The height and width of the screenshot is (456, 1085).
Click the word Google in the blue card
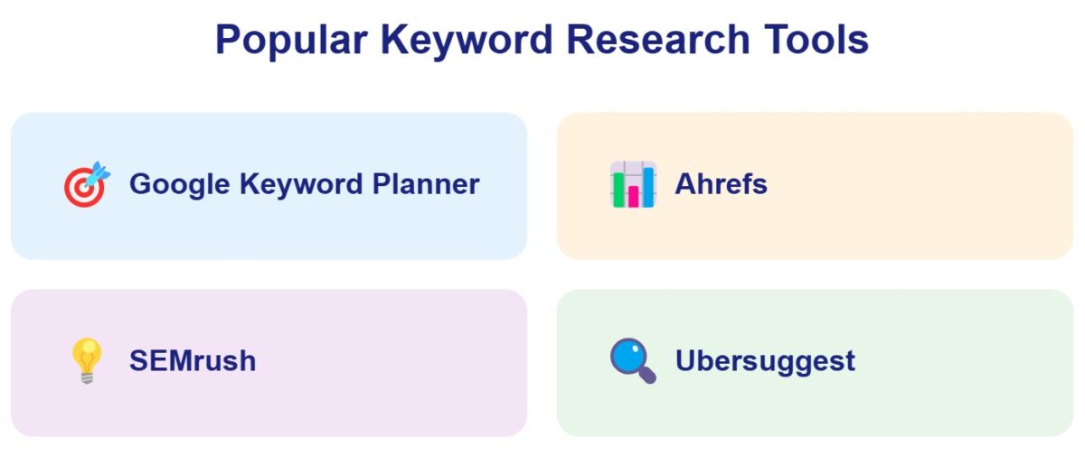pyautogui.click(x=179, y=184)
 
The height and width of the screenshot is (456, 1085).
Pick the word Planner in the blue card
pyautogui.click(x=426, y=184)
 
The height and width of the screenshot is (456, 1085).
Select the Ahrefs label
pyautogui.click(x=721, y=184)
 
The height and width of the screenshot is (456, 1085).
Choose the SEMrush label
pyautogui.click(x=193, y=361)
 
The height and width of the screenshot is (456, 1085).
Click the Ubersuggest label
pyautogui.click(x=765, y=361)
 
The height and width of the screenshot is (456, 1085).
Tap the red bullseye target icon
pyautogui.click(x=82, y=188)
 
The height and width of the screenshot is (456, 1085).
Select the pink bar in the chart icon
pyautogui.click(x=634, y=196)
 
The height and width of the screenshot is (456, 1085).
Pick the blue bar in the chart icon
pyautogui.click(x=648, y=186)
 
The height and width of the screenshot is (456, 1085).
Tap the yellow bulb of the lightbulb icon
pyautogui.click(x=87, y=354)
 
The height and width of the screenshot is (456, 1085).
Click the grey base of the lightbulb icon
pyautogui.click(x=87, y=377)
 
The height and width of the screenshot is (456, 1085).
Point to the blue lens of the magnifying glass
pyautogui.click(x=627, y=356)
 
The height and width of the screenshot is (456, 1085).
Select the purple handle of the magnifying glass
pyautogui.click(x=647, y=376)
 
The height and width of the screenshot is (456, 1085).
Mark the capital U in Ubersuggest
pyautogui.click(x=684, y=361)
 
